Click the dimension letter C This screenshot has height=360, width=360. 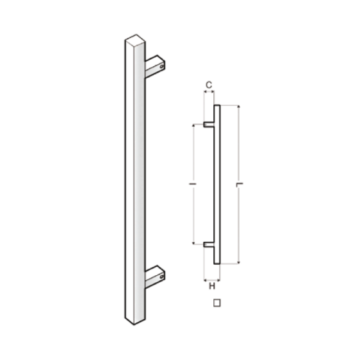(x=209, y=85)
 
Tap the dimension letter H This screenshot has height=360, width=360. (x=212, y=286)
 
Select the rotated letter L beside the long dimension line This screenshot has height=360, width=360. (x=240, y=184)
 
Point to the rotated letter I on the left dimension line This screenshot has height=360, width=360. (x=192, y=184)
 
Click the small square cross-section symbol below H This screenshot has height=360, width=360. (x=217, y=303)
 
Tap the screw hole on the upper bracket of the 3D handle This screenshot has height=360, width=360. (x=162, y=67)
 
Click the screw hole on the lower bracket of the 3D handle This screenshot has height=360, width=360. (x=162, y=277)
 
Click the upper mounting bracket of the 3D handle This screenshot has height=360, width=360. (x=155, y=66)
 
